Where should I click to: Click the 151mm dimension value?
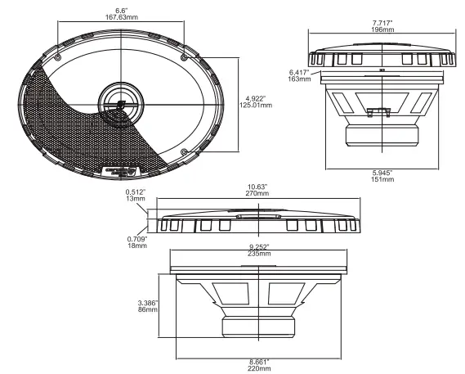(382, 180)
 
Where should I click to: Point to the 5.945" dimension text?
(382, 173)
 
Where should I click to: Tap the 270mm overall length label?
(259, 193)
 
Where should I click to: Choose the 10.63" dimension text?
(259, 186)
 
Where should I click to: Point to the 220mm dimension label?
(259, 367)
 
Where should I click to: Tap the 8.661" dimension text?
(259, 360)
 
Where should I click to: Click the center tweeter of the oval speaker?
(119, 104)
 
